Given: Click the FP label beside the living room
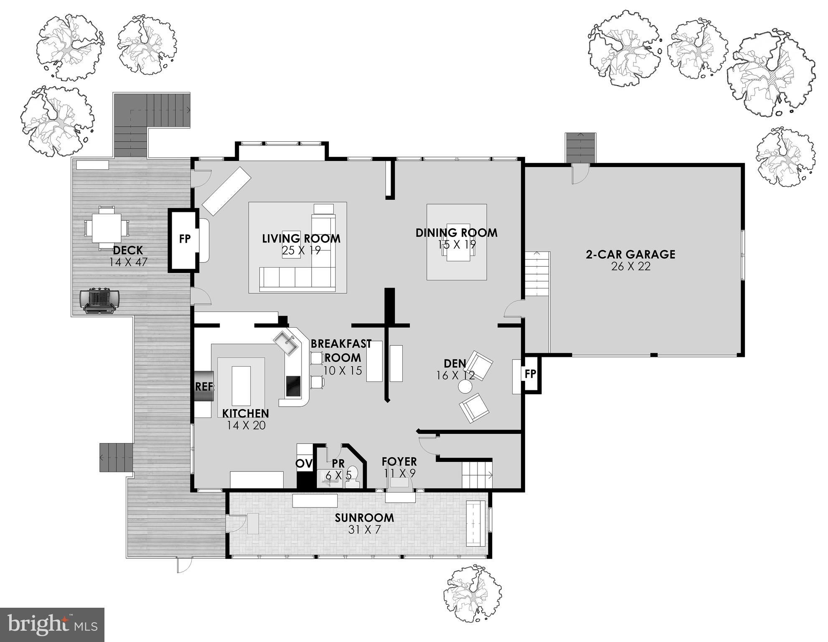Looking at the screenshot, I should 185,239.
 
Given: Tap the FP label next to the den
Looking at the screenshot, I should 530,374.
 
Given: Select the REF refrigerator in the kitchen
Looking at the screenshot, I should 204,387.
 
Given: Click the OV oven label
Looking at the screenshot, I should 305,464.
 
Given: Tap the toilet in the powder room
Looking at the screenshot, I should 353,478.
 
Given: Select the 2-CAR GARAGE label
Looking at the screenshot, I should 630,254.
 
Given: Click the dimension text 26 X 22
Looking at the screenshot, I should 631,267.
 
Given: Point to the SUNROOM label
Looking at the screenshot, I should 364,517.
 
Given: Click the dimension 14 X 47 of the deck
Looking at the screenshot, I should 128,262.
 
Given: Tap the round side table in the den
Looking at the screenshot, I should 465,387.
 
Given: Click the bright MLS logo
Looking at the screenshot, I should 52,624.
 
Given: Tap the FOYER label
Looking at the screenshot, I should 399,461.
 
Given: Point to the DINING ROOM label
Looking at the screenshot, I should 456,233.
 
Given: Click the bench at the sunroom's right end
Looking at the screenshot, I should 475,523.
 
